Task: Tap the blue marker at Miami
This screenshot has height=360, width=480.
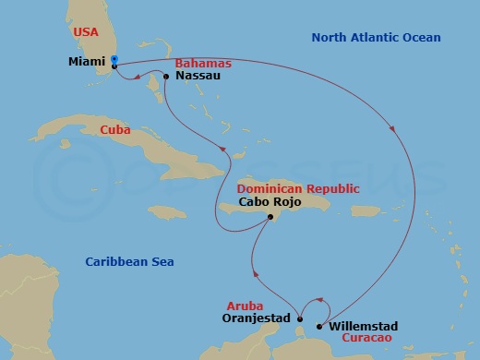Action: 114,60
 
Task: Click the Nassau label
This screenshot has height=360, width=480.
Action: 196,78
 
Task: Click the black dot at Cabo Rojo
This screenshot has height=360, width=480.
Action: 269,218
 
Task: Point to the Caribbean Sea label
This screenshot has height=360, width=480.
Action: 129,262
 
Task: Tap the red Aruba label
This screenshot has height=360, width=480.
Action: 244,305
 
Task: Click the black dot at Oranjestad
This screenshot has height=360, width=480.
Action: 299,319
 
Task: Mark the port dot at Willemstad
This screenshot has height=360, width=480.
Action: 320,326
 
